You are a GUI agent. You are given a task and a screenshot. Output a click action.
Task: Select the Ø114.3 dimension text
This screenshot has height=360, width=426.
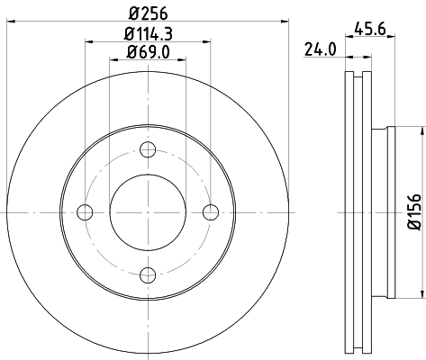pos(149,35)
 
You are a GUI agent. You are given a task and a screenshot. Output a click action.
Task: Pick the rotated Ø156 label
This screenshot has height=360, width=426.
pos(413,211)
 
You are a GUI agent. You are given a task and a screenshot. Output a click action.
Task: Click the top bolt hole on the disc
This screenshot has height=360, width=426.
pos(149,149)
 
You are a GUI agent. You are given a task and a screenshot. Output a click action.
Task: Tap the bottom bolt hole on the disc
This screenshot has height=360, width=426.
pos(149,274)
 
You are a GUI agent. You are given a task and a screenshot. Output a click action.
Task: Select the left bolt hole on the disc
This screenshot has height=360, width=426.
pos(86,212)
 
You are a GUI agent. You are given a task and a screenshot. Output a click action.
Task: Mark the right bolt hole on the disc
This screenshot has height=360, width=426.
pos(211,212)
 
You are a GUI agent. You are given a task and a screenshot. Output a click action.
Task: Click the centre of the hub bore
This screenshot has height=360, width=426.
pos(149,212)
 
